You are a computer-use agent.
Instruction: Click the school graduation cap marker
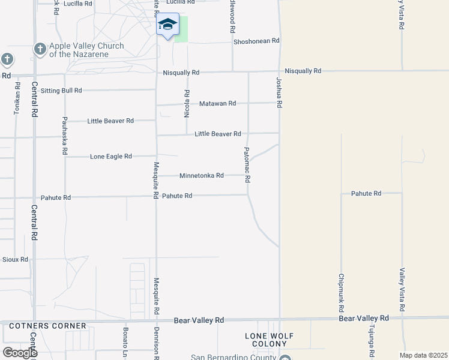pos(167,25)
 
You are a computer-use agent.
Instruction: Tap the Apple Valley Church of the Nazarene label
pos(86,50)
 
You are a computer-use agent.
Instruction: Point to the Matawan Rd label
pos(217,103)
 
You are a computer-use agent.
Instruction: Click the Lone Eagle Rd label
pos(110,157)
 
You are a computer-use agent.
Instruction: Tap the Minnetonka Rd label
pos(201,176)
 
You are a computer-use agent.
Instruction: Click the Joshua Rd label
pos(279,92)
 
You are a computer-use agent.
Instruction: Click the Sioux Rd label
pos(15,259)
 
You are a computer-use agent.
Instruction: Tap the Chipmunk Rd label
pos(341,292)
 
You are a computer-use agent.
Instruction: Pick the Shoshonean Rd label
pos(256,41)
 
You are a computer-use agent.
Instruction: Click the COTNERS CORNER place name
pos(47,326)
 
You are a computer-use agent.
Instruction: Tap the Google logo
pos(19,353)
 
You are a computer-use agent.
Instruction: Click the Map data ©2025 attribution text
pos(423,355)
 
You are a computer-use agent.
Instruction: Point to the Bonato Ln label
pos(126,342)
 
